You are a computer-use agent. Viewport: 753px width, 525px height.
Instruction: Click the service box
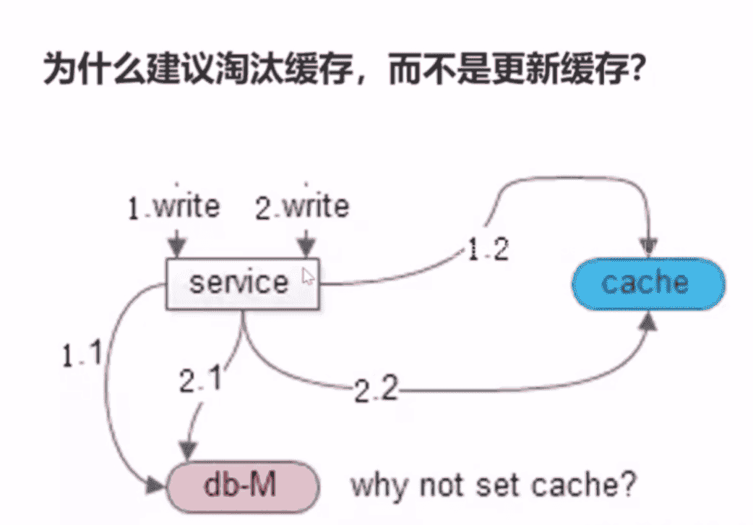tap(242, 283)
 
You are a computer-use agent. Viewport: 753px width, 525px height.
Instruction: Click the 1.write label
tap(173, 208)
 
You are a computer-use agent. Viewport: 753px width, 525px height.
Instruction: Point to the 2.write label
tap(302, 208)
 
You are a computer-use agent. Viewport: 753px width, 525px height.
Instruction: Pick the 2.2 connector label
tap(376, 391)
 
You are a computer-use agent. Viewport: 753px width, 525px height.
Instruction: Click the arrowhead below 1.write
tap(176, 244)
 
